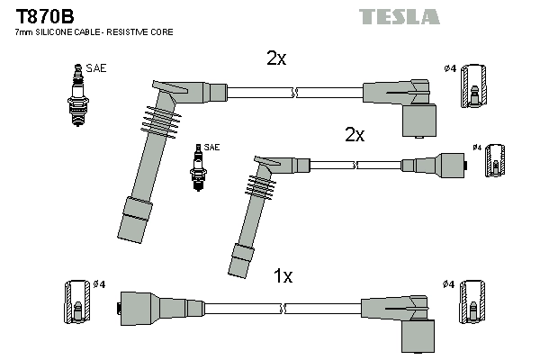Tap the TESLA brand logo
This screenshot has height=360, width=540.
(x=399, y=16)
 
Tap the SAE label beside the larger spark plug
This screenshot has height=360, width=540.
(x=96, y=67)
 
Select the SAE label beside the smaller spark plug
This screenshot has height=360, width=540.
(x=212, y=147)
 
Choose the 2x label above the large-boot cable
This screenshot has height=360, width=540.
(x=275, y=58)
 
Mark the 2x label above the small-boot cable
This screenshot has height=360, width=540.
(x=355, y=135)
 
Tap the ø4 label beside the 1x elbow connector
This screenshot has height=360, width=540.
(x=447, y=285)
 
